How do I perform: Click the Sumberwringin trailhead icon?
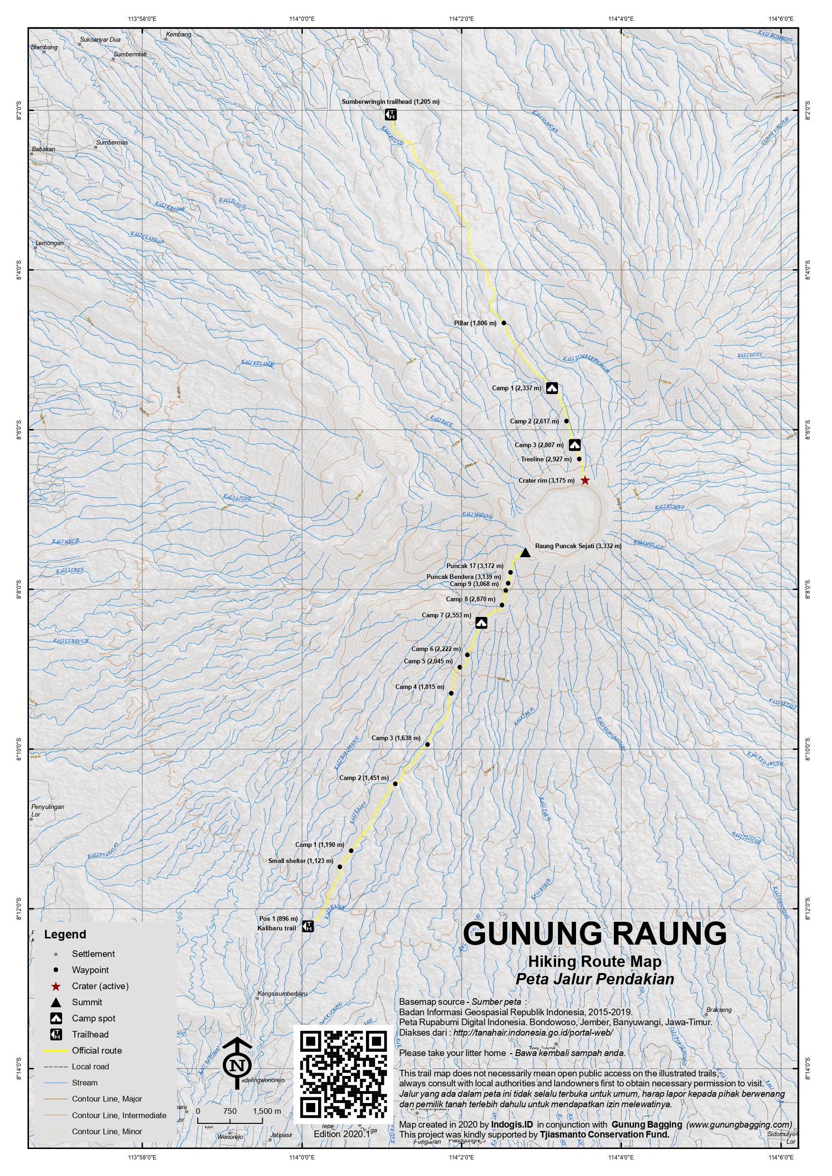click(x=391, y=115)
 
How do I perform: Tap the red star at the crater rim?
click(x=585, y=481)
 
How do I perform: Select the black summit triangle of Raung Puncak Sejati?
click(x=525, y=552)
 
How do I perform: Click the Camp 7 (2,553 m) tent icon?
click(x=481, y=623)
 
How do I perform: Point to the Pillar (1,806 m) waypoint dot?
click(x=504, y=323)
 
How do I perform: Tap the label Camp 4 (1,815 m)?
click(x=420, y=687)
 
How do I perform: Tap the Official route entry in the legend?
click(x=97, y=1050)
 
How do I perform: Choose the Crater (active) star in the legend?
click(x=56, y=986)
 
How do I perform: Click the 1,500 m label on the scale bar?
click(x=267, y=1111)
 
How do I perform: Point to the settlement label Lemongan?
click(x=50, y=243)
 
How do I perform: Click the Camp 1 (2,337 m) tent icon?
click(x=552, y=388)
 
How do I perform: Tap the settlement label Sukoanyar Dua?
click(x=100, y=39)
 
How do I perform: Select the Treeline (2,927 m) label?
click(x=546, y=459)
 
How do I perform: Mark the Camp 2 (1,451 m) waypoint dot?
click(x=395, y=784)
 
